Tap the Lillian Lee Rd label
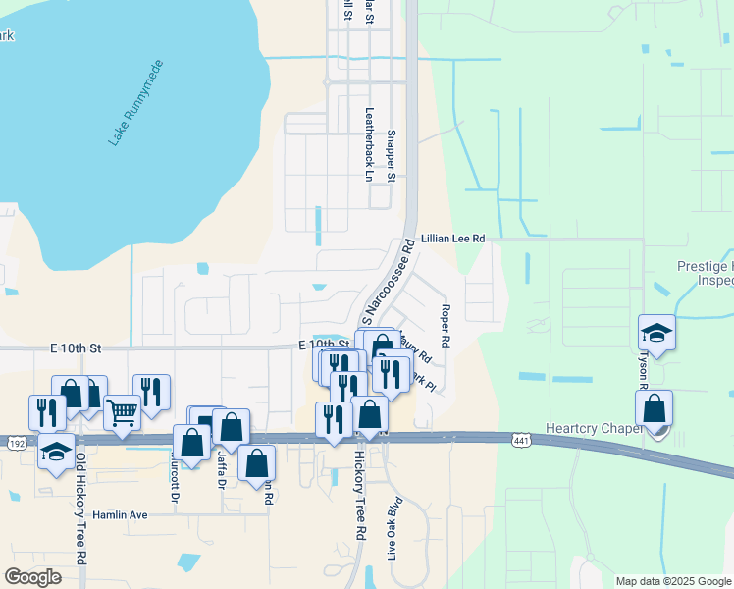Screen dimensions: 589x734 [x=452, y=239]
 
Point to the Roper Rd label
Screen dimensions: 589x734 [x=445, y=328]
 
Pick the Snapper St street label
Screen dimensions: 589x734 [x=391, y=155]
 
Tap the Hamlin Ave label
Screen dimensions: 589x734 [x=120, y=514]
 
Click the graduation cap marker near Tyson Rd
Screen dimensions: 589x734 [x=656, y=332]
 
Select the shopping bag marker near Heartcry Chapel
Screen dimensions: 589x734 [x=655, y=407]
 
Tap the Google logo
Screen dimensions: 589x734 [x=32, y=576]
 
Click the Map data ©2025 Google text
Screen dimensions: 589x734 [x=672, y=581]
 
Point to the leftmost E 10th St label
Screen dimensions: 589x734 [x=77, y=348]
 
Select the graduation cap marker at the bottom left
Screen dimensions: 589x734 [x=56, y=453]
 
